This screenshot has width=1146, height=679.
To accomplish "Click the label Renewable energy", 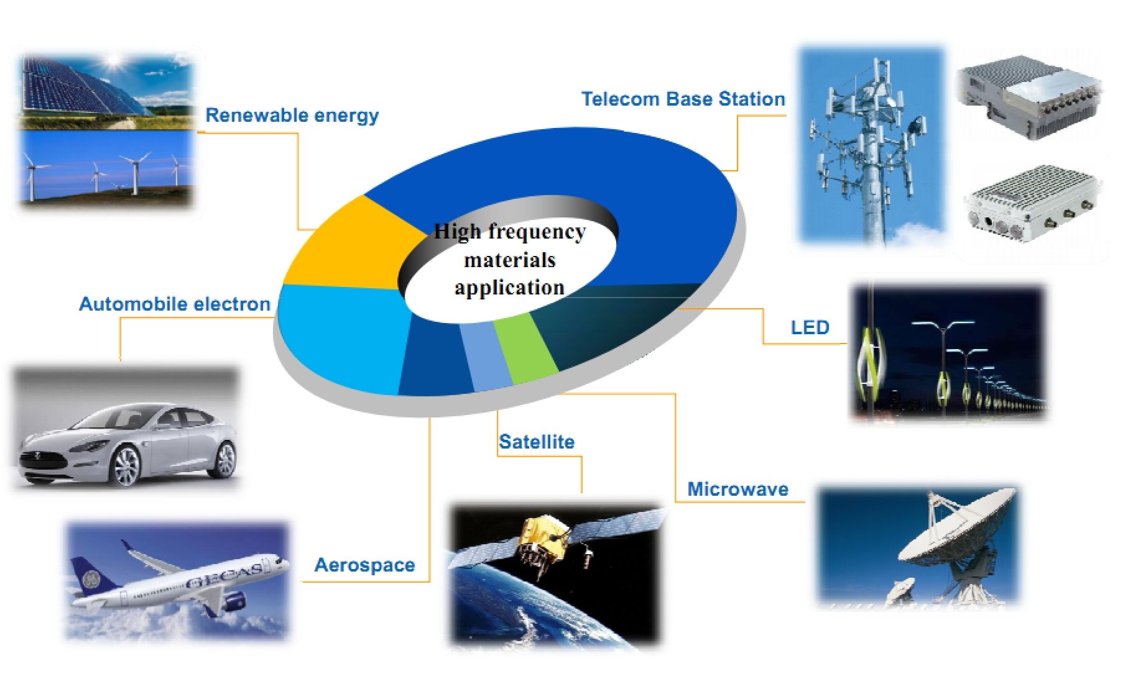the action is pos(292,116).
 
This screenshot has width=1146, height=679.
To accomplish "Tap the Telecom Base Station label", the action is pos(683,99).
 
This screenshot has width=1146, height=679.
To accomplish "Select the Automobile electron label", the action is pos(175,304).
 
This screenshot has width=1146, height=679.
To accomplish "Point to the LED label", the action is pos(810,327).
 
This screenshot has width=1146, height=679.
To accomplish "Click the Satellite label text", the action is pos(537,442).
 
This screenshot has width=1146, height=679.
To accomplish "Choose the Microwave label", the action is pos(737,489).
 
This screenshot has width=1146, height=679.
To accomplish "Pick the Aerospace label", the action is pos(364,565).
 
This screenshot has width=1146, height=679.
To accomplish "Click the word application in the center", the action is pos(509,288).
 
